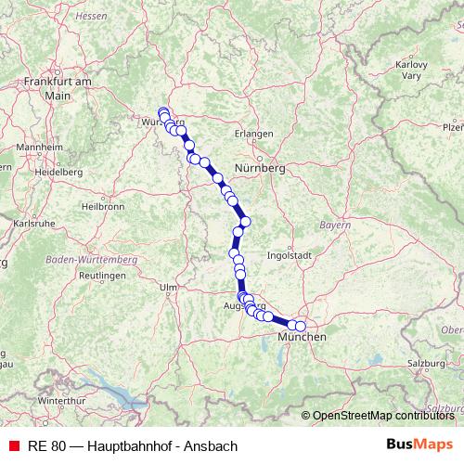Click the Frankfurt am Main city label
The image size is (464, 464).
(57, 88)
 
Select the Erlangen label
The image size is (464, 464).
(253, 134)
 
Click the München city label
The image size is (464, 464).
(303, 337)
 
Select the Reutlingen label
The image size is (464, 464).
(101, 277)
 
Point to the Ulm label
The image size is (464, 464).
(168, 288)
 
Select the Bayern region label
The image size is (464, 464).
(335, 226)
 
